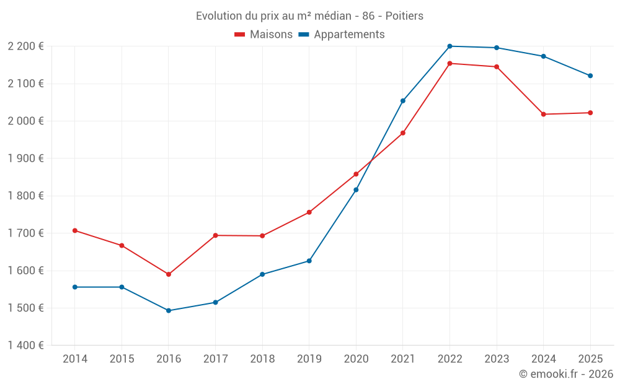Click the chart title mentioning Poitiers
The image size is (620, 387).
(309, 15)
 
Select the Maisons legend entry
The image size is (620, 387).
(263, 34)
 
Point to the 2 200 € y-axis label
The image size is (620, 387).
(25, 46)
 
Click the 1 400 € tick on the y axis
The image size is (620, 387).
(25, 345)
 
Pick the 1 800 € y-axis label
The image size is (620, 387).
(25, 196)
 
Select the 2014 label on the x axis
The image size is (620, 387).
(75, 359)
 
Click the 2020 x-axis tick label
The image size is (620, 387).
(356, 359)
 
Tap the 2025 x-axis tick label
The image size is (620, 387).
(590, 359)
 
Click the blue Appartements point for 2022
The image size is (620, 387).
(449, 46)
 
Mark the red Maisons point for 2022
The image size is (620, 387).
(449, 63)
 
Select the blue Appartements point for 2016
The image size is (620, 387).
(169, 310)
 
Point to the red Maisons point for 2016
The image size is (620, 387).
(169, 274)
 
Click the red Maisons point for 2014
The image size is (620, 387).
(75, 230)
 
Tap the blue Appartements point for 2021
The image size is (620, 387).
(403, 101)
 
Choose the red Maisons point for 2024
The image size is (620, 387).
(544, 114)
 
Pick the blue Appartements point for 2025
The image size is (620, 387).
(590, 76)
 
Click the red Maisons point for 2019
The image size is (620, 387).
(309, 212)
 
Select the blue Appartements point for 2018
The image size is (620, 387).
(262, 274)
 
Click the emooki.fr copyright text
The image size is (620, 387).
(565, 374)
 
